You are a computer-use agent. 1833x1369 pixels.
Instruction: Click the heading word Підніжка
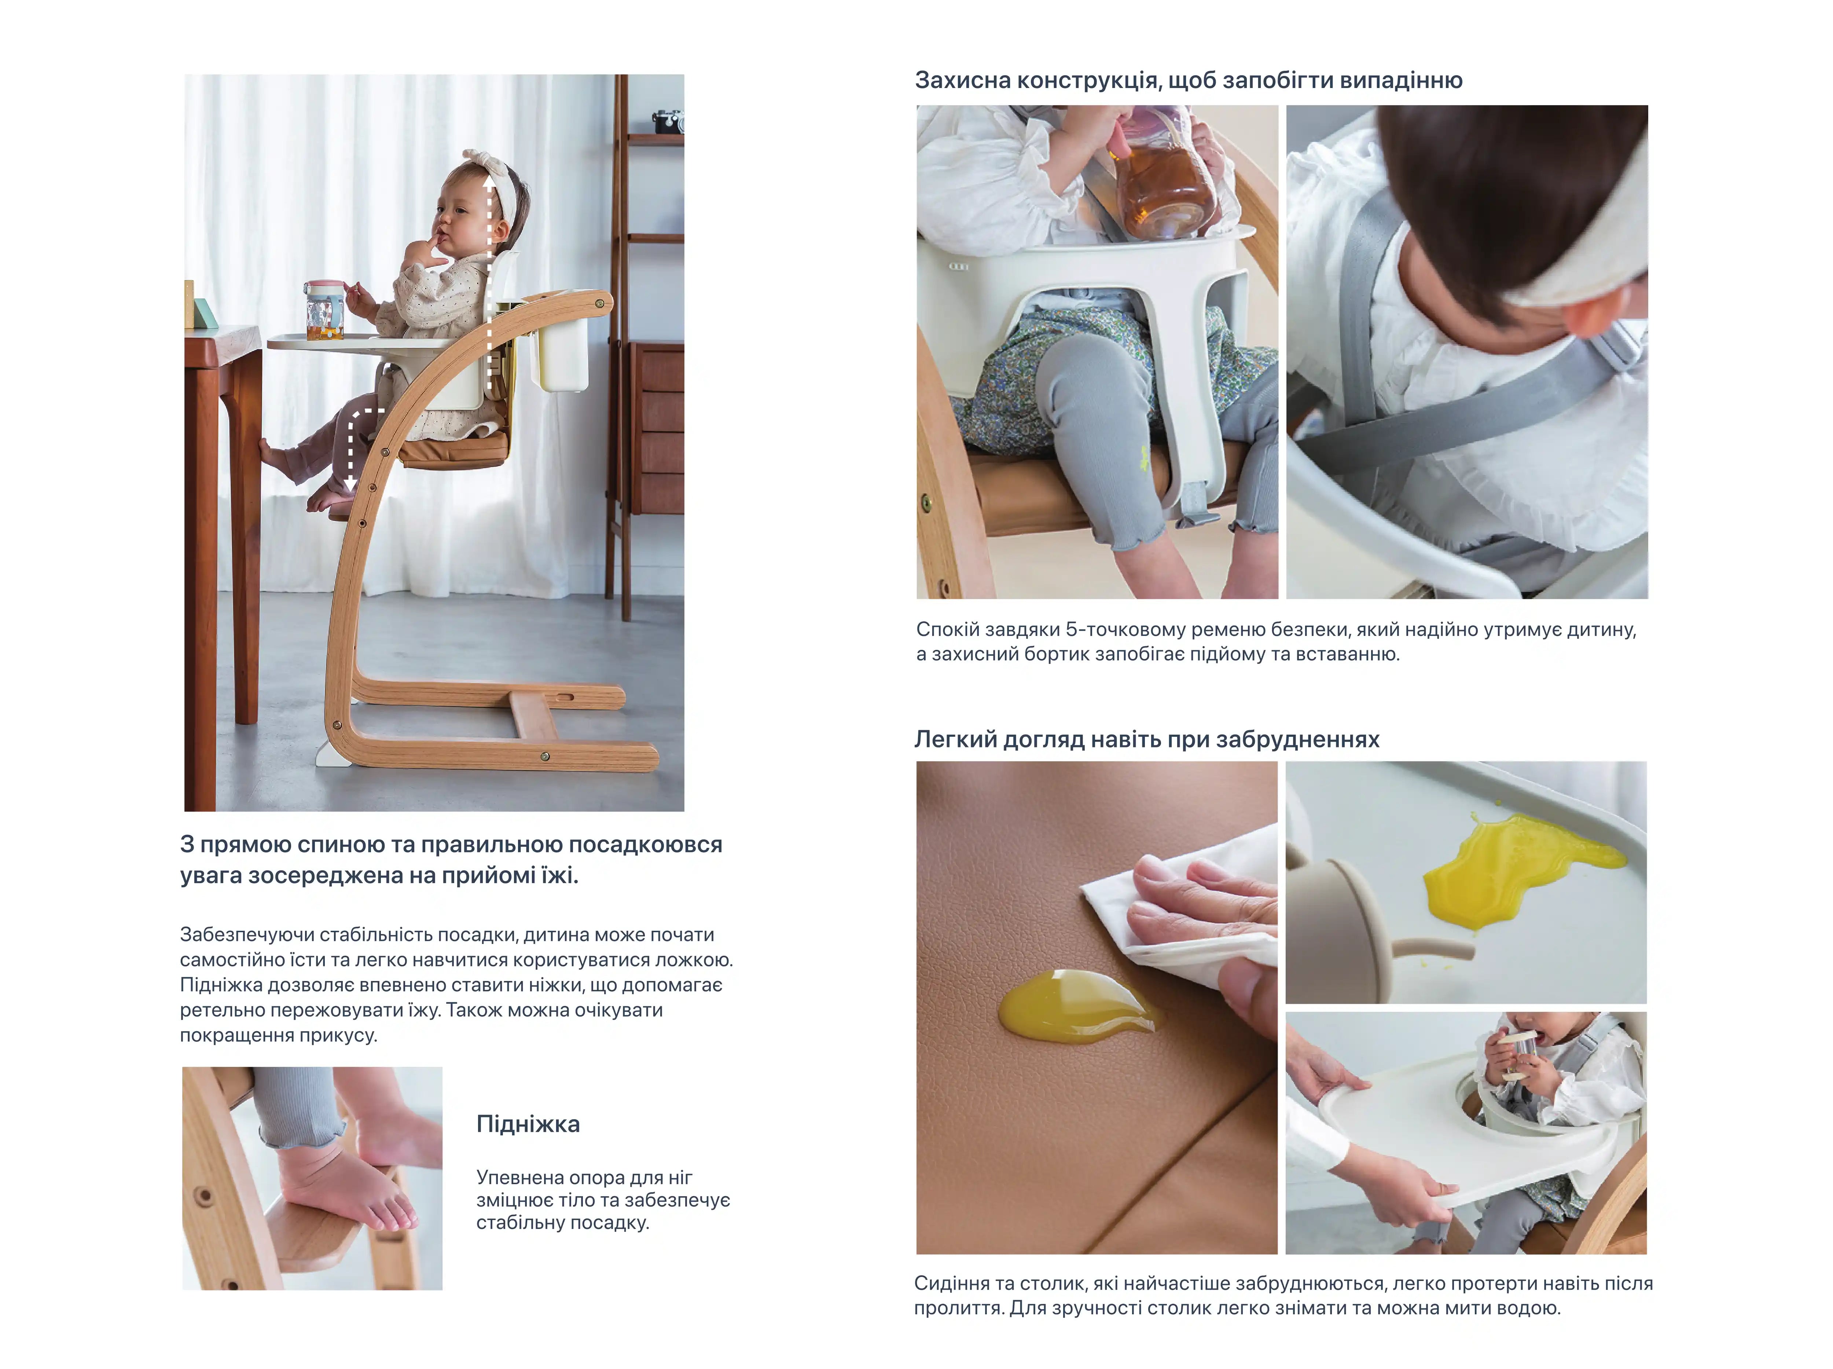coord(528,1124)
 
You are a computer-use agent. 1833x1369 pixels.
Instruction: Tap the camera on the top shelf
coord(668,121)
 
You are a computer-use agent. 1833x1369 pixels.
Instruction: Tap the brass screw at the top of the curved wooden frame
coord(598,304)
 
